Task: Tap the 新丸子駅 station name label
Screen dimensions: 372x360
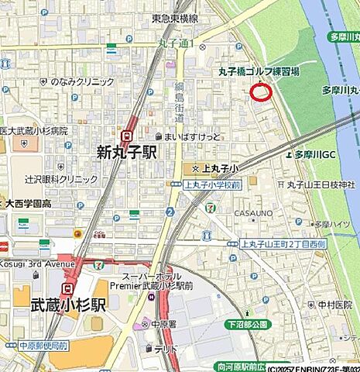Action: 126,153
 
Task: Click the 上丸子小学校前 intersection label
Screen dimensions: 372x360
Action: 212,185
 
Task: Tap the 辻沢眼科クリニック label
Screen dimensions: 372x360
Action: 61,179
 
